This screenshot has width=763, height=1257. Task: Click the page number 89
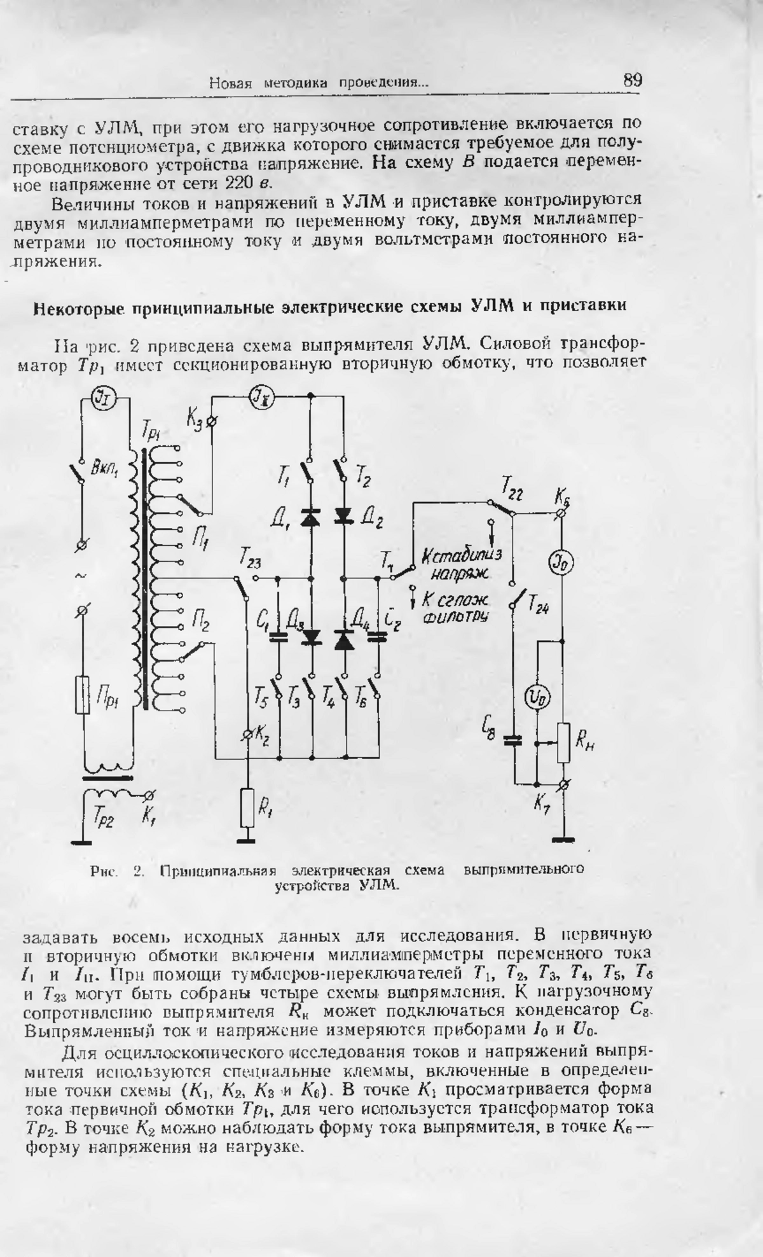632,80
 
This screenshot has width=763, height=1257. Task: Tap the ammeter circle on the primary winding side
100,398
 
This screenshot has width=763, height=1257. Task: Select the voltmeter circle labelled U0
537,698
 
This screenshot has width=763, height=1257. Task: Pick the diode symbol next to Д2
344,515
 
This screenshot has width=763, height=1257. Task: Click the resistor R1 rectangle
247,808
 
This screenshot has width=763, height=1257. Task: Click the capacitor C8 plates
512,739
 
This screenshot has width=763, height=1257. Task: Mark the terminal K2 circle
248,735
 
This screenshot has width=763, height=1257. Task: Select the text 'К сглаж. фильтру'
455,608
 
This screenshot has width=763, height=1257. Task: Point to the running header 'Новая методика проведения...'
319,83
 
